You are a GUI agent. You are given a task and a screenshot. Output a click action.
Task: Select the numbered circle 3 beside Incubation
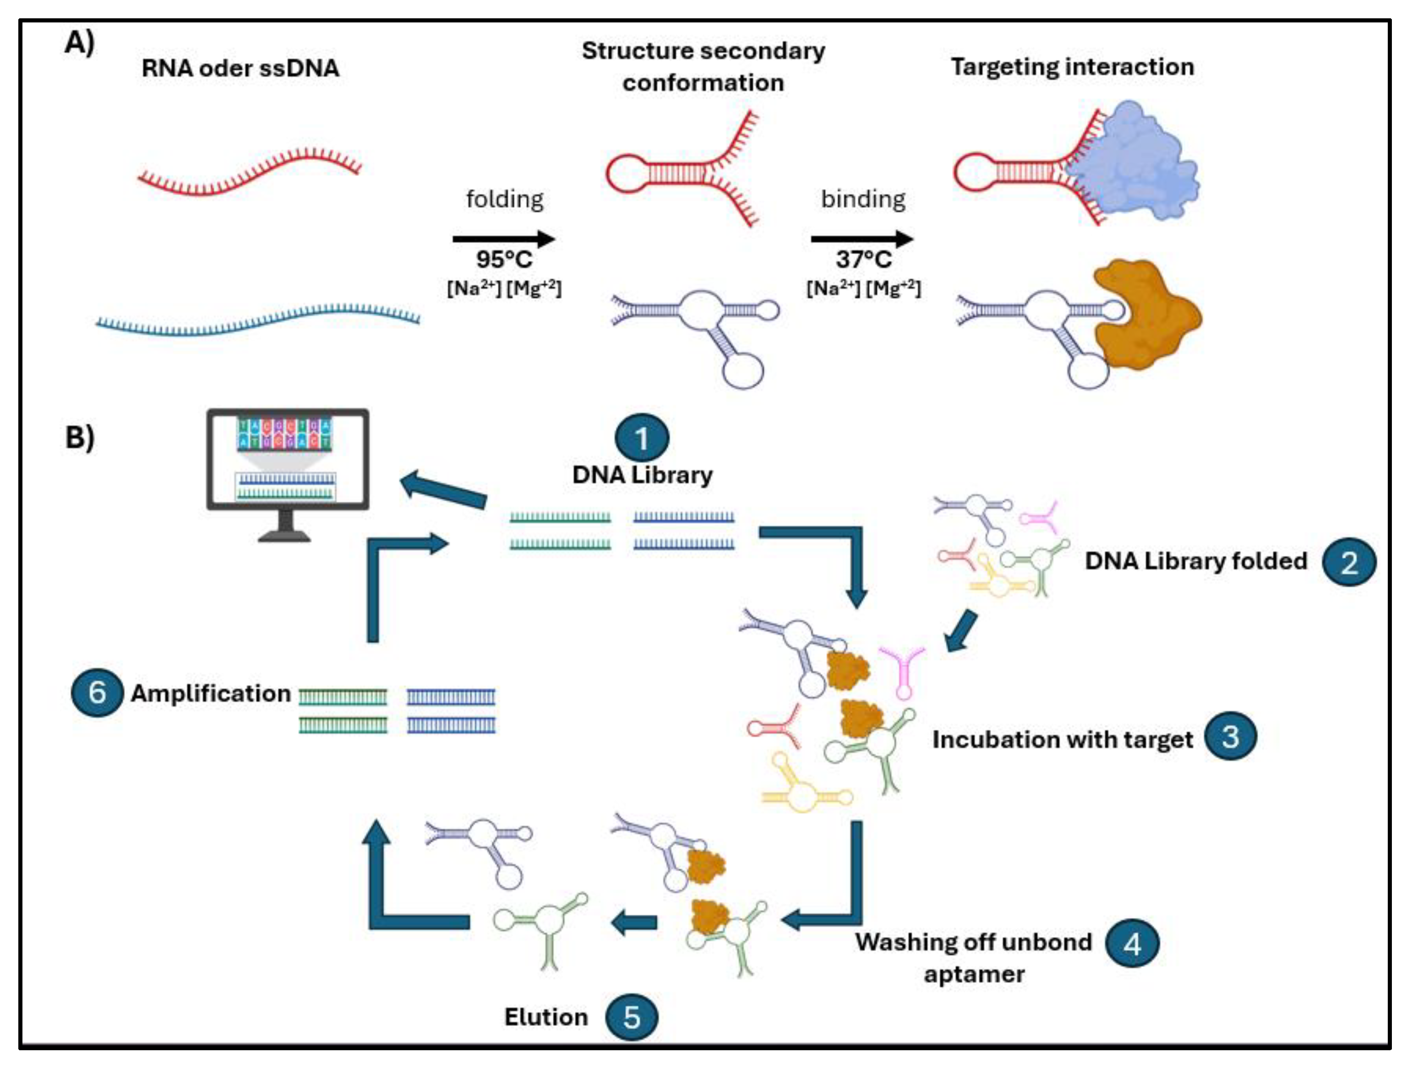click(x=1230, y=737)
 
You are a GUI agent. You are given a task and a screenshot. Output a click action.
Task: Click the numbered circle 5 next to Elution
click(x=631, y=1017)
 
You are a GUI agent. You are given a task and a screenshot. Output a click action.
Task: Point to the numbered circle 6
click(x=97, y=692)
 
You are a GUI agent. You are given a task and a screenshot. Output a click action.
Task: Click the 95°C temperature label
click(x=504, y=260)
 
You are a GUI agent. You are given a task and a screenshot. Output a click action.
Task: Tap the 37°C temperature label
click(x=863, y=260)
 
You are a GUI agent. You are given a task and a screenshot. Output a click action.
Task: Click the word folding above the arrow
click(x=504, y=199)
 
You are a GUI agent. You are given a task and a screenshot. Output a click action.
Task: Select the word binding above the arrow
click(x=863, y=199)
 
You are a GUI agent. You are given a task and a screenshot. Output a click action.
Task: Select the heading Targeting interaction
click(x=1072, y=67)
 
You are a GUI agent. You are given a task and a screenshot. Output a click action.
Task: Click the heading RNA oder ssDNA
click(x=240, y=68)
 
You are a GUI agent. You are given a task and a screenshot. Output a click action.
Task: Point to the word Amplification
click(x=211, y=693)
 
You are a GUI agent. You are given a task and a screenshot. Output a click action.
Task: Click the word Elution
click(x=545, y=1017)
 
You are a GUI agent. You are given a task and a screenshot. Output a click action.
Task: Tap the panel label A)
click(x=80, y=43)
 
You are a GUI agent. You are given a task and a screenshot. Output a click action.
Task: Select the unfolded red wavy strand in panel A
click(x=248, y=172)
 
